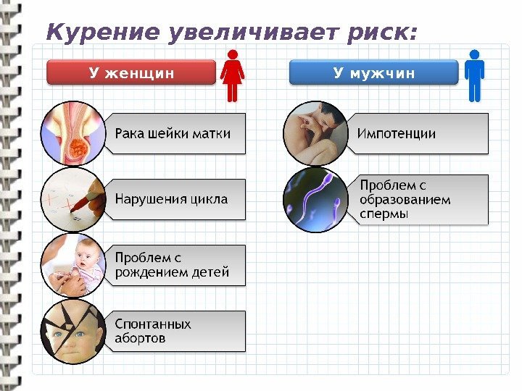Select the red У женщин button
131,72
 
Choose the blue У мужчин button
373,72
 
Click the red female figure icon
233,75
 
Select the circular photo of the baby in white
75,265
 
